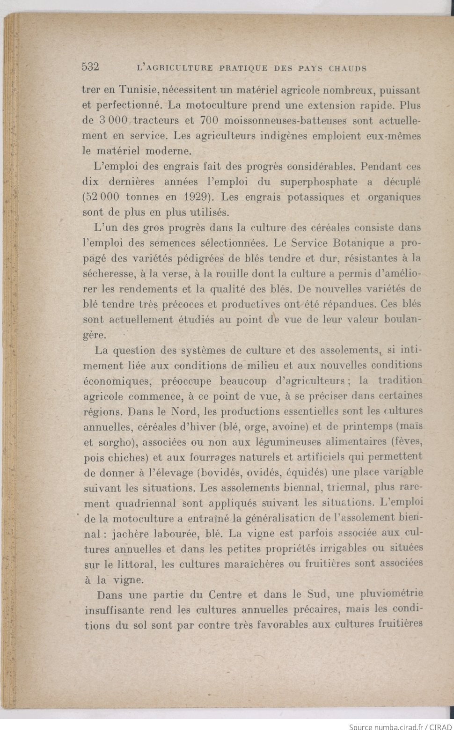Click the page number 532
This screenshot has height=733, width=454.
(90, 66)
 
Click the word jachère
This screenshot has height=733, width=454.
(137, 534)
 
